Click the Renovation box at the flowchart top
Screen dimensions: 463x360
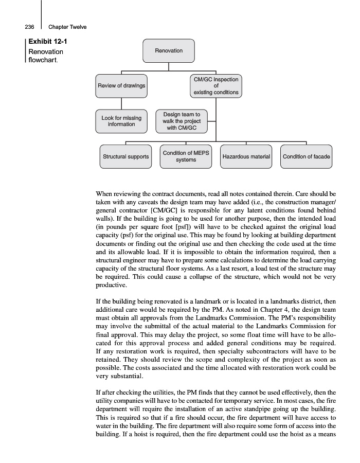169,51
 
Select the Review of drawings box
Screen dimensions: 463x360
121,85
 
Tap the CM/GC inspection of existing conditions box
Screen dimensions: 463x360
216,86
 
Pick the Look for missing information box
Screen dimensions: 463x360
121,121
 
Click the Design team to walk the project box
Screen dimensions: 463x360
182,121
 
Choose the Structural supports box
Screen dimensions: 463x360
126,156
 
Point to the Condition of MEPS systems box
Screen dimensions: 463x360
186,156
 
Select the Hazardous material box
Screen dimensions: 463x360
246,156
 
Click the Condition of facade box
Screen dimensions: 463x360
307,156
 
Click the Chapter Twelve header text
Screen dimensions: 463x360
67,27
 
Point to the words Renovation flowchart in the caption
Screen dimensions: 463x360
46,56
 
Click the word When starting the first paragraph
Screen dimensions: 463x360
105,194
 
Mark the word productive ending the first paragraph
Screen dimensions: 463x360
111,285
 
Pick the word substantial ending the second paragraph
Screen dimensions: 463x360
115,377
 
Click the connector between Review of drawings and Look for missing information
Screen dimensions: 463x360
121,103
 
